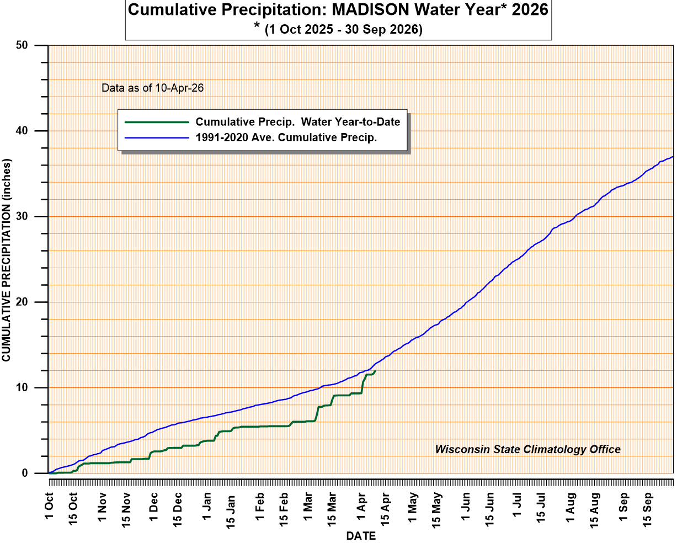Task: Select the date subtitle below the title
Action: (338, 29)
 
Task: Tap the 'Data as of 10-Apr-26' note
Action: (153, 88)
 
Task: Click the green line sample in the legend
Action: (156, 122)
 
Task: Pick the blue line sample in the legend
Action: (156, 137)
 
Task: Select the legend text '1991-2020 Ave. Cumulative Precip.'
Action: (286, 137)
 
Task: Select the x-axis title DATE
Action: (361, 536)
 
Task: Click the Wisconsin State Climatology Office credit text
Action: (527, 449)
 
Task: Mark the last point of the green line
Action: (375, 371)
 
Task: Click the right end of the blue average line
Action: (673, 157)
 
